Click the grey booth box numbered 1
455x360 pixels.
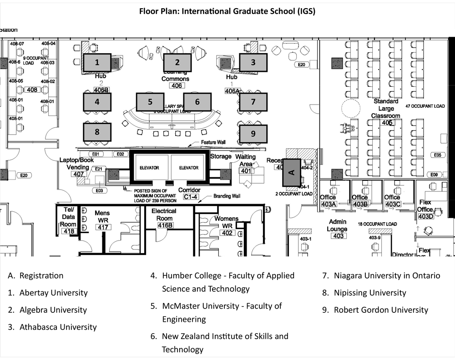coord(96,62)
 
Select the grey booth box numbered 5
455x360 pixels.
coord(150,102)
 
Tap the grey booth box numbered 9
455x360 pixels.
coord(253,134)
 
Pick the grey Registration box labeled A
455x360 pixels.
coord(292,172)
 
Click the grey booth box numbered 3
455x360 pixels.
coord(253,62)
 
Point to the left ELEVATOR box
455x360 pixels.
coord(150,168)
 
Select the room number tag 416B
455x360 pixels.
coord(165,225)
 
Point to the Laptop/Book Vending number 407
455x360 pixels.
coord(79,174)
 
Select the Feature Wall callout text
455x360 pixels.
coord(213,142)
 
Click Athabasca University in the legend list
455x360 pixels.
coord(58,327)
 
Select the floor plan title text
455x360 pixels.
coord(227,11)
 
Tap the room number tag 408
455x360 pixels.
coord(32,90)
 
